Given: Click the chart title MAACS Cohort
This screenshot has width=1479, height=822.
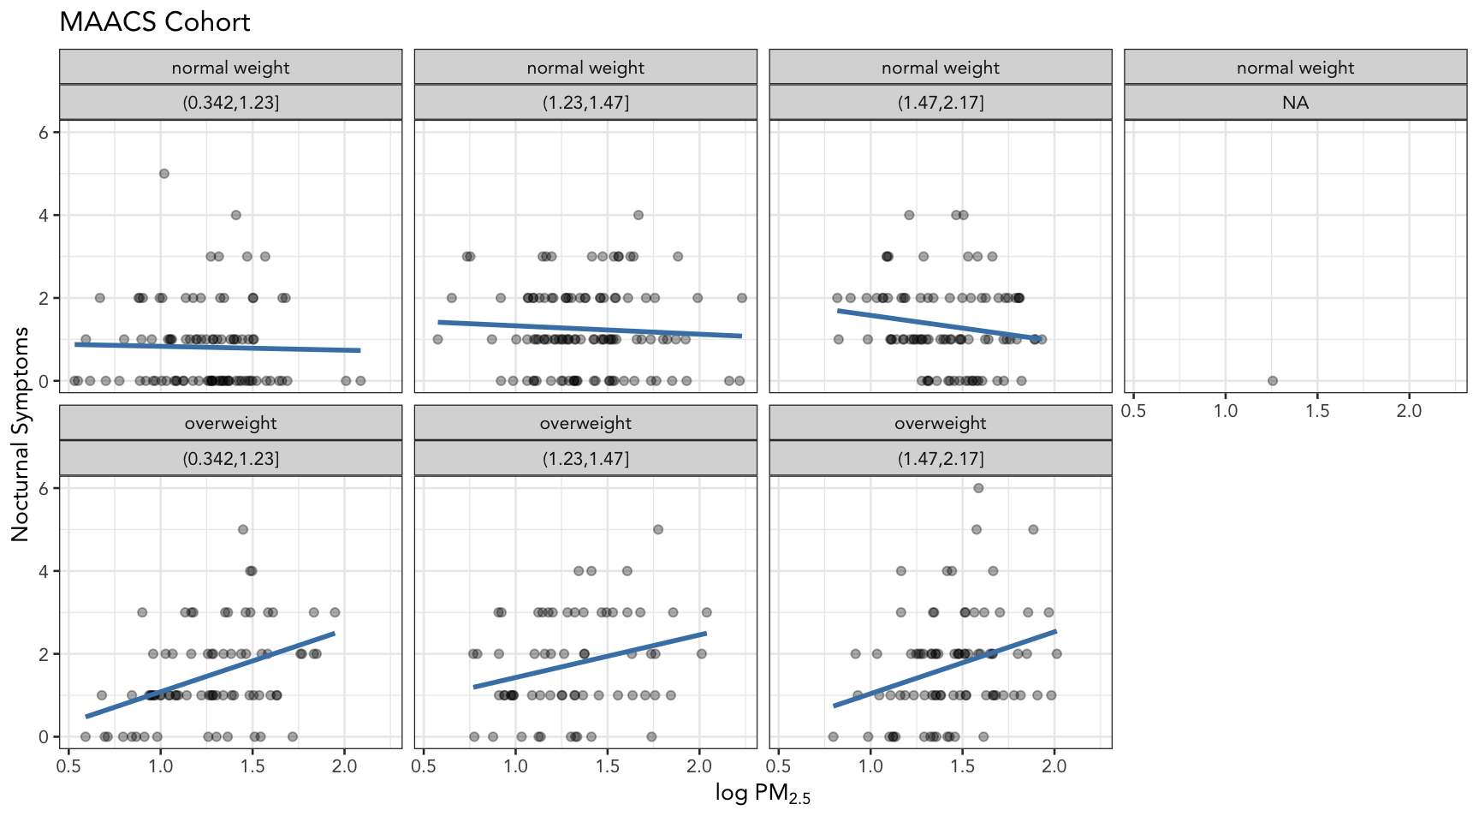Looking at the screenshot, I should pos(155,22).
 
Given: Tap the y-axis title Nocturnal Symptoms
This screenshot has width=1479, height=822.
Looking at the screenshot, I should pos(21,434).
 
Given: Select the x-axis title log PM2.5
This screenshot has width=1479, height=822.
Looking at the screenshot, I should pos(763,794).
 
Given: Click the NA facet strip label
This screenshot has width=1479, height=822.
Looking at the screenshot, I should pos(1295,103).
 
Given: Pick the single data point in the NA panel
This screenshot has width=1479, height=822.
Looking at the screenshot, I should pos(1273,381).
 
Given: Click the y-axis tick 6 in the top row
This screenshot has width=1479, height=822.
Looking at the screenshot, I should pos(44,132).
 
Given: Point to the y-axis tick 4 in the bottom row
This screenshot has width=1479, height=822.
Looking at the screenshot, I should pos(44,571).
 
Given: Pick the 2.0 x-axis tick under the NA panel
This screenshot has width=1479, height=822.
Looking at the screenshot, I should pos(1409,411).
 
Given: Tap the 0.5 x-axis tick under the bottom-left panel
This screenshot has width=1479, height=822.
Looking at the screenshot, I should pos(68,766).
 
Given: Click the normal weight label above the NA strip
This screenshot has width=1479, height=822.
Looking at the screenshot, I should pos(1295,68).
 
